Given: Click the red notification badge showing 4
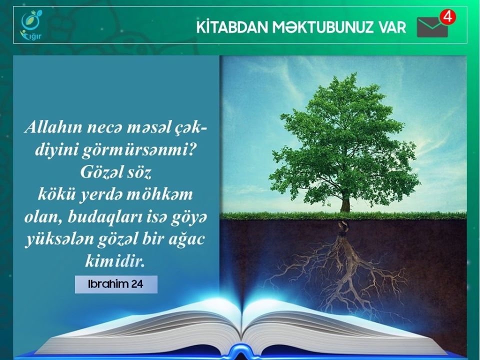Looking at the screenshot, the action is (447, 17).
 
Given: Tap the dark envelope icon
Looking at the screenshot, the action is (432, 27).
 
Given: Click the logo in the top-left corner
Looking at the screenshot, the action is (31, 25).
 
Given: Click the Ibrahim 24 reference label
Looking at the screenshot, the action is (116, 284).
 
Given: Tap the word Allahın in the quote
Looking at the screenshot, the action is (53, 127).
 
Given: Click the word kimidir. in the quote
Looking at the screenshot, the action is (115, 261).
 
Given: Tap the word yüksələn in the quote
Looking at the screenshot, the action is (59, 239).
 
